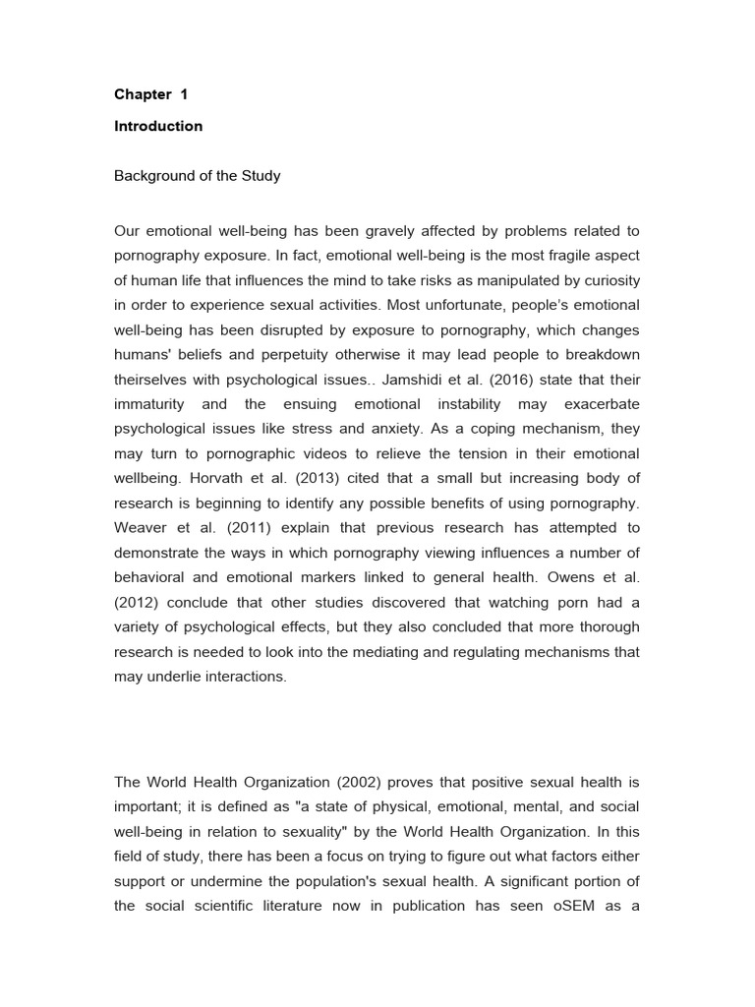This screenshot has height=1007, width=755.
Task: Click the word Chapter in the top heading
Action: [143, 95]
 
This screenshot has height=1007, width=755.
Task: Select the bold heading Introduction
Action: [158, 126]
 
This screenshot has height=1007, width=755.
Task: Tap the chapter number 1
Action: [183, 95]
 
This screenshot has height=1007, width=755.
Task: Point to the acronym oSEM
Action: [569, 906]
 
